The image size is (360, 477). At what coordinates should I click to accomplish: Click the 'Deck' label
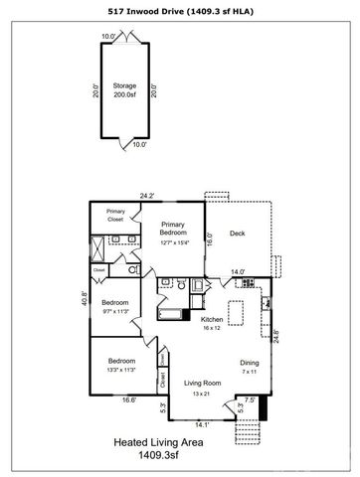coord(237,235)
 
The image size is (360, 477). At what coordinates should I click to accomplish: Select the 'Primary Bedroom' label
coord(175,232)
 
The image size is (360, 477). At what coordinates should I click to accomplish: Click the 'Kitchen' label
coord(211,322)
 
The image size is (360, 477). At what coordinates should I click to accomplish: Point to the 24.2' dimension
coord(147,196)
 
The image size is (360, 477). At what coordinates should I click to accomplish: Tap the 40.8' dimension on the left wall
coord(83,296)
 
